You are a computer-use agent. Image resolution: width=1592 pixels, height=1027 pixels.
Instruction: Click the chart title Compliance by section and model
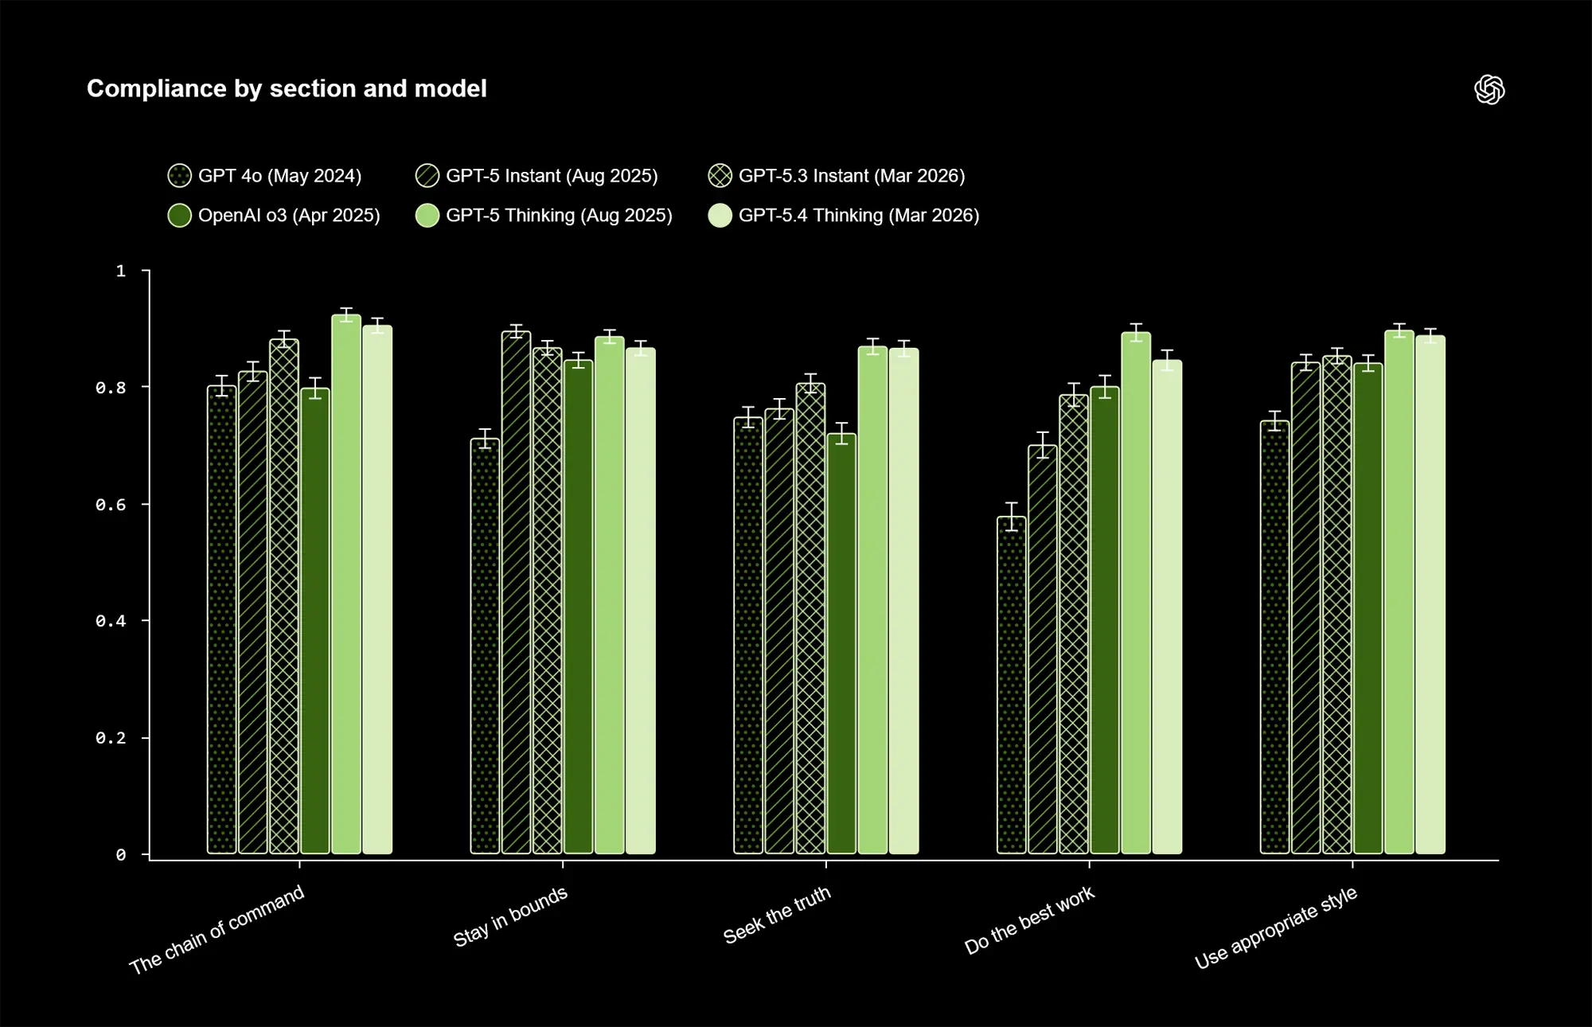[287, 88]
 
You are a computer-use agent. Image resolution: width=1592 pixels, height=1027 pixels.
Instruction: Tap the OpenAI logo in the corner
[1489, 90]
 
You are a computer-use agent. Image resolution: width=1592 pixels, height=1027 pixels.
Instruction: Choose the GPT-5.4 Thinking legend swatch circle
[720, 216]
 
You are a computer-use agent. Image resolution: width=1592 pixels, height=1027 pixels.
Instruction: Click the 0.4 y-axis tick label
[111, 621]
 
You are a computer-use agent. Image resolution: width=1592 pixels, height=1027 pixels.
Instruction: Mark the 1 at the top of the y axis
[120, 271]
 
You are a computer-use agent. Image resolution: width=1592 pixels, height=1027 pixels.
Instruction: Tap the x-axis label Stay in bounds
[510, 916]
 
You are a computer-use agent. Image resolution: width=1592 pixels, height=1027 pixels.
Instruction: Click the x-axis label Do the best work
[1029, 920]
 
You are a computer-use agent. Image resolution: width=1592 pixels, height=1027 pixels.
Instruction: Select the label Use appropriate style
[1275, 927]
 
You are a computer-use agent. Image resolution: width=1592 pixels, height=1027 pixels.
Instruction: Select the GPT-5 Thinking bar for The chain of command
[346, 585]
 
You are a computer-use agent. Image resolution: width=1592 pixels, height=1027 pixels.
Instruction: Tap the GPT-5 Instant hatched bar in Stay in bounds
[516, 593]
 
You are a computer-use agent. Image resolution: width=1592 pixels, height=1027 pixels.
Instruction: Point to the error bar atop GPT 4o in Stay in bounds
[485, 439]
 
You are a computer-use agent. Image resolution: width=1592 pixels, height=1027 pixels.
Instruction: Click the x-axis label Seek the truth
[777, 915]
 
